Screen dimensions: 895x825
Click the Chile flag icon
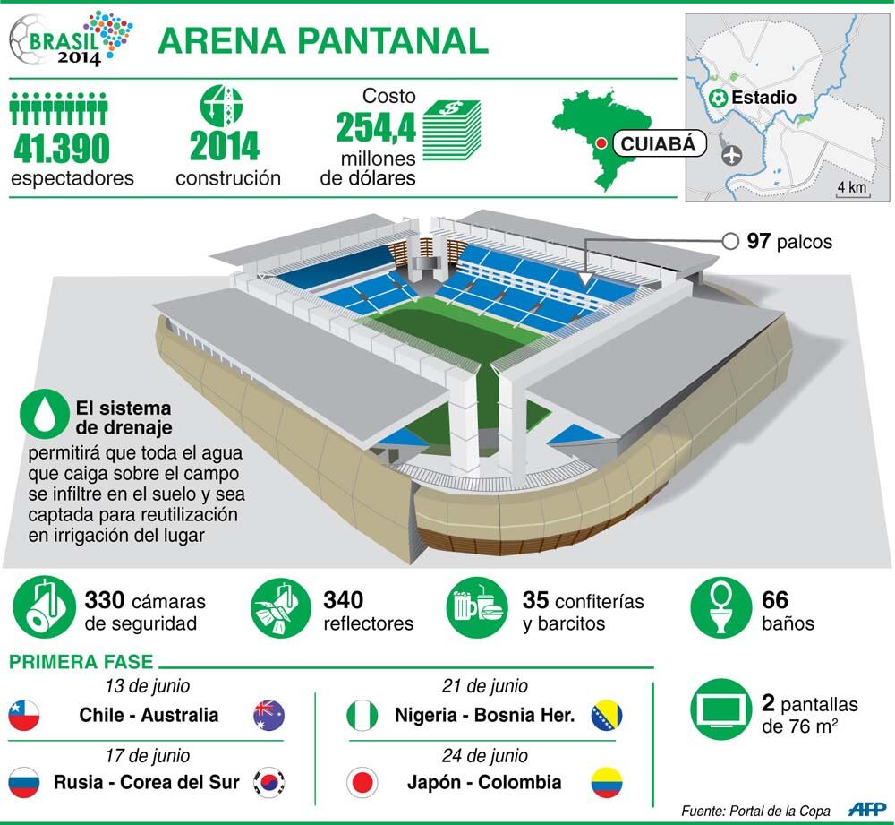click(24, 716)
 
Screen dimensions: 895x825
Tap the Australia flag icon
click(268, 716)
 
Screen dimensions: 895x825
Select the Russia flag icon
click(24, 782)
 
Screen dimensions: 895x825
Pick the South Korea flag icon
click(268, 782)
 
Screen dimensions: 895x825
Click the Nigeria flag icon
click(362, 716)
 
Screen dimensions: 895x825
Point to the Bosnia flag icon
click(607, 716)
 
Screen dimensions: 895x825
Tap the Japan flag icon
click(362, 782)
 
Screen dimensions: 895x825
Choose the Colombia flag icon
click(607, 782)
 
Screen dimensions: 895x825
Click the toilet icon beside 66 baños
click(720, 607)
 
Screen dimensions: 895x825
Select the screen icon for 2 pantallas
click(720, 709)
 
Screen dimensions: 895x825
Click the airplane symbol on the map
click(731, 154)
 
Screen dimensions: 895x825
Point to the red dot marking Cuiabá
click(601, 144)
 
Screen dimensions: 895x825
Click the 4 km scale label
click(852, 187)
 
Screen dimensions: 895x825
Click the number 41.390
click(61, 148)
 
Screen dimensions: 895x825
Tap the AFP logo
click(866, 809)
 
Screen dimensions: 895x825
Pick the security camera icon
click(44, 607)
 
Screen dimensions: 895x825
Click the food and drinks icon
click(477, 607)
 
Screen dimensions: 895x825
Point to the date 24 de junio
click(484, 755)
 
